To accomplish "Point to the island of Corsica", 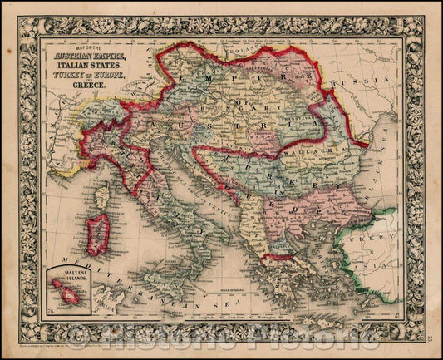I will coord(102,197).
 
